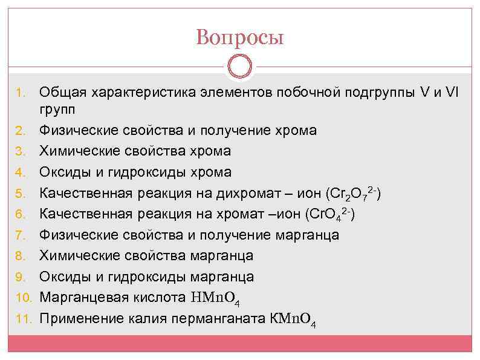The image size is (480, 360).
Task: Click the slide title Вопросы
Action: [239, 38]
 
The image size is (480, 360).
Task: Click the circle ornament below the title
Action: [240, 66]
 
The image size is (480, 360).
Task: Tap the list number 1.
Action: [19, 93]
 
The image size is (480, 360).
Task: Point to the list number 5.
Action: [19, 194]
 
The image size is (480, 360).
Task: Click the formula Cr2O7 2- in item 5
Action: [353, 194]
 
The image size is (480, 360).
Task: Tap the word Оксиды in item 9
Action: [65, 277]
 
